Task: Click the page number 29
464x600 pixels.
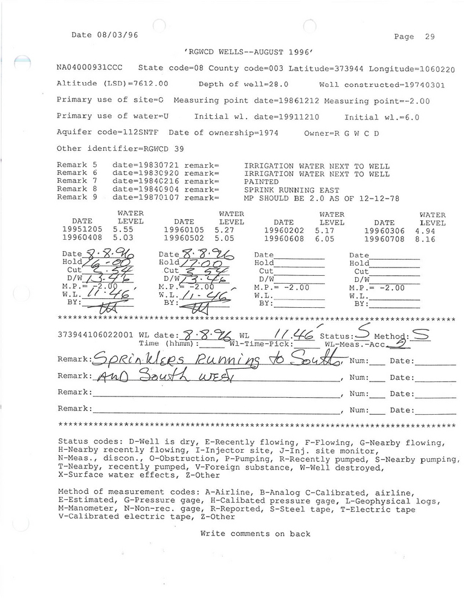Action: [430, 36]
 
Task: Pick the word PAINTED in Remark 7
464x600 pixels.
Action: [261, 181]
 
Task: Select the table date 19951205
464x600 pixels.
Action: [82, 230]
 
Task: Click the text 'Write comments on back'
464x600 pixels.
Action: [255, 534]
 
